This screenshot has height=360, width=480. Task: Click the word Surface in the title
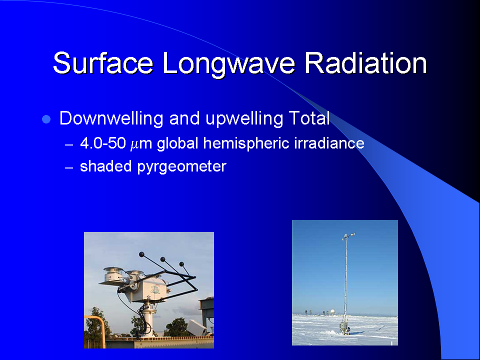pos(103,63)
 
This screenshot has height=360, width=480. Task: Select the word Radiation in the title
pos(365,63)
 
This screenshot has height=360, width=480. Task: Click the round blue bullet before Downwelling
pos(46,119)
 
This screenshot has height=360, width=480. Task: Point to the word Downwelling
pos(111,119)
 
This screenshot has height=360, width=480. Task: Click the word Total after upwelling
pos(309,118)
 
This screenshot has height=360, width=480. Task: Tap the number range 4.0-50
pos(103,143)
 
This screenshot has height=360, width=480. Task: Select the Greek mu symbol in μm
pos(134,145)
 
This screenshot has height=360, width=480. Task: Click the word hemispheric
pos(246,143)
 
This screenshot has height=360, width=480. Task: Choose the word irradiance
pos(329,143)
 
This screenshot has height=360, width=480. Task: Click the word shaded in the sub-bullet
pos(106,166)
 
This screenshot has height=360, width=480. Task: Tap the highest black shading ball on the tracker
pos(141,254)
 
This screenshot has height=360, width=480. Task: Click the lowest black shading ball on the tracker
pos(181,264)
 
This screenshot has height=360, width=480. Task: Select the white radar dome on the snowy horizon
pos(332,311)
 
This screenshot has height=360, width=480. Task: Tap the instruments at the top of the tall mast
pos(348,236)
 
